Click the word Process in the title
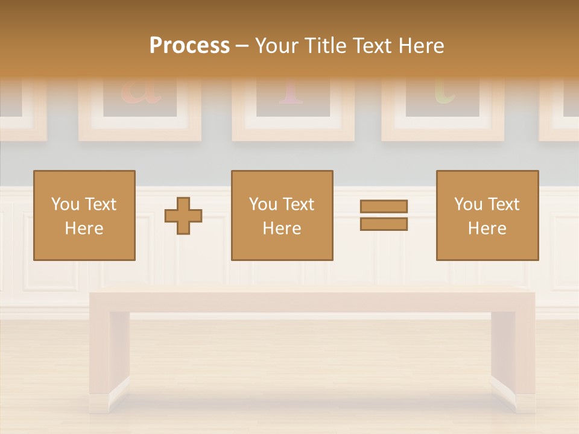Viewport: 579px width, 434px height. coord(189,46)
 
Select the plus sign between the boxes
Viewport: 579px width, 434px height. coord(183,215)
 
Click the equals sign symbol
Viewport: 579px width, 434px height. coord(384,215)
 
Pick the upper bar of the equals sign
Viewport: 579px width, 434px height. coord(384,206)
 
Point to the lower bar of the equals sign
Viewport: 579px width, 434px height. coord(384,224)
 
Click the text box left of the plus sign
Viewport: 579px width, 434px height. coord(84,215)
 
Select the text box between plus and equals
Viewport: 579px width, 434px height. coord(282,215)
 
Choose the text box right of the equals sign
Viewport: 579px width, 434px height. coord(487,215)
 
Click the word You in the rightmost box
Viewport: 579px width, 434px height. coord(467,204)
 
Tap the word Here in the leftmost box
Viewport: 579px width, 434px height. coord(84,228)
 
